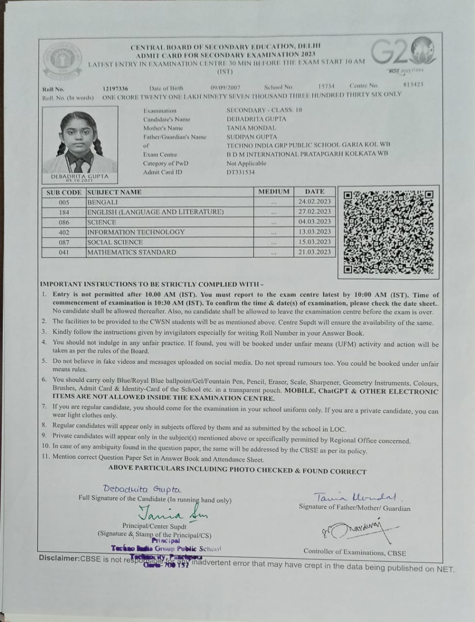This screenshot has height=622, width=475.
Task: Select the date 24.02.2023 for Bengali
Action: click(x=315, y=202)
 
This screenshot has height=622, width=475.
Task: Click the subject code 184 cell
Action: click(x=64, y=212)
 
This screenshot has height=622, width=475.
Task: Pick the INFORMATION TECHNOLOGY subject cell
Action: click(x=136, y=232)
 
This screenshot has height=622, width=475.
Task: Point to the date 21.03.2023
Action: click(x=315, y=252)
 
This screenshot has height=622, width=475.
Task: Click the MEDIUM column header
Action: click(x=274, y=191)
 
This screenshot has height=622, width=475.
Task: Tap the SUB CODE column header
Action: click(x=64, y=192)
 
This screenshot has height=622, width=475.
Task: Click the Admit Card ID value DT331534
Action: click(x=241, y=172)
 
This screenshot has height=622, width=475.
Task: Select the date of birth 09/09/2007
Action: click(x=226, y=87)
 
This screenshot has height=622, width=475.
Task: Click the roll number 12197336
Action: click(x=116, y=88)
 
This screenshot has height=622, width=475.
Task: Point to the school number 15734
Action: click(x=326, y=86)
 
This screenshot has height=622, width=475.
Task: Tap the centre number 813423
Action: click(x=413, y=85)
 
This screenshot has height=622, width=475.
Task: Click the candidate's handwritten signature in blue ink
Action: click(x=142, y=489)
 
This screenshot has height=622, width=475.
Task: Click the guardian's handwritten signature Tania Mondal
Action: click(x=355, y=497)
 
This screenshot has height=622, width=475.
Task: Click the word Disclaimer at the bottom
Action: click(x=59, y=558)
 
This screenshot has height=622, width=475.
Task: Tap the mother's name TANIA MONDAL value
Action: click(x=251, y=128)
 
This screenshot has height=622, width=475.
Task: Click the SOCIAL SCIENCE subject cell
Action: click(x=115, y=242)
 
